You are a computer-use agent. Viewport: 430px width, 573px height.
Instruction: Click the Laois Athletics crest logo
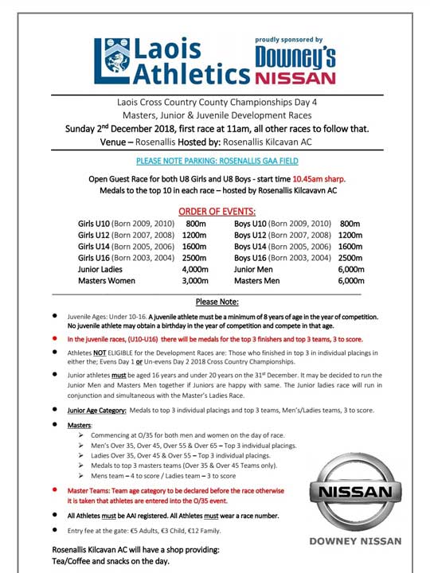pyautogui.click(x=109, y=60)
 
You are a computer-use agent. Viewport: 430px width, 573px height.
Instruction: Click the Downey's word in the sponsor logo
pyautogui.click(x=295, y=57)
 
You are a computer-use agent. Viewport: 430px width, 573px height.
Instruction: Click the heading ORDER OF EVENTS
pyautogui.click(x=217, y=211)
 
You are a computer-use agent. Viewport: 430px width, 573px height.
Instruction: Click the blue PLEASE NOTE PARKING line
pyautogui.click(x=217, y=161)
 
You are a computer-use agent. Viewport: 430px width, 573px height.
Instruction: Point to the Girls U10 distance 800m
pyautogui.click(x=196, y=224)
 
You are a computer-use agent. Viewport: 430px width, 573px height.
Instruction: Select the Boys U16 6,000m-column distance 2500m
pyautogui.click(x=350, y=258)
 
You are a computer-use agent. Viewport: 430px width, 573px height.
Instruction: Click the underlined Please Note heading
pyautogui.click(x=217, y=302)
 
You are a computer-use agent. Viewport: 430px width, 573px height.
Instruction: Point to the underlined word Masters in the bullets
pyautogui.click(x=80, y=426)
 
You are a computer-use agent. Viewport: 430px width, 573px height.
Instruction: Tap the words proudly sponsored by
pyautogui.click(x=288, y=40)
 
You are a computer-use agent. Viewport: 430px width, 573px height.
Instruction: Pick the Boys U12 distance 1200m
pyautogui.click(x=350, y=236)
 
